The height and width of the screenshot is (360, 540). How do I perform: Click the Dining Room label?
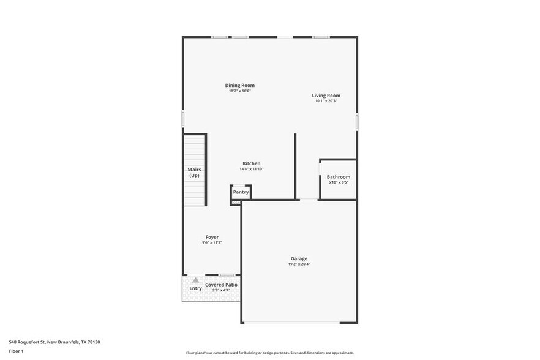pos(240,86)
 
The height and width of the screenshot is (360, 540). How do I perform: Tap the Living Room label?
pos(326,96)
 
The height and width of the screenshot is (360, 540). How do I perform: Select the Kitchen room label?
pos(252,163)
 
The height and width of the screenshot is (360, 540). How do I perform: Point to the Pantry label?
pos(241,192)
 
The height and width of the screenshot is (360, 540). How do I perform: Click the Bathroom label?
pos(338,177)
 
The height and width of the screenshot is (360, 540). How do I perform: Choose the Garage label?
pos(299,258)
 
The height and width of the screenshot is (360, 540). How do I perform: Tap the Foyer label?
pos(212,237)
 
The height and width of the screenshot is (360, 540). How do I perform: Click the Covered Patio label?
pos(221,285)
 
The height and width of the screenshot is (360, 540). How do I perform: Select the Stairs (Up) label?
pos(194,172)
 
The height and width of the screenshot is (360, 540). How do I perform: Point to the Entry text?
pos(195,288)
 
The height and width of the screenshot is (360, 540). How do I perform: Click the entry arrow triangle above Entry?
pos(195,280)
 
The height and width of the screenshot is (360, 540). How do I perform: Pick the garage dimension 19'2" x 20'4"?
pos(299,264)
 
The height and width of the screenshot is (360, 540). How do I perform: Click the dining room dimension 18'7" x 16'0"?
pos(240,91)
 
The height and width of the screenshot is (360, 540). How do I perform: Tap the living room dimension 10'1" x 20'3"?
pos(326,101)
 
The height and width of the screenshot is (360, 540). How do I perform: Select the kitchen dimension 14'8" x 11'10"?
pos(252,169)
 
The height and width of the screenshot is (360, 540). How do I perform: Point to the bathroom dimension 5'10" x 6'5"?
pos(338,182)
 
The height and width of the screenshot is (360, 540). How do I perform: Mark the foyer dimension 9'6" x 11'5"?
pos(212,242)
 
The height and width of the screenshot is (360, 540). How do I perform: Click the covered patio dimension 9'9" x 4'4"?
pos(221,290)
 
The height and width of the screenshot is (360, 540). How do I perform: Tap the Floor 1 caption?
pos(16,351)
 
